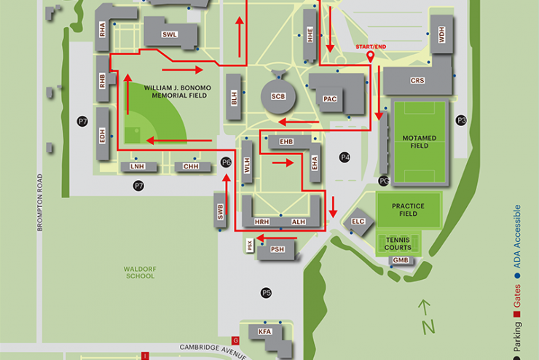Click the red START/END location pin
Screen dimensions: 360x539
(x=369, y=55)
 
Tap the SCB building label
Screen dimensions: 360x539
(x=278, y=96)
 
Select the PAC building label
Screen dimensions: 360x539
(x=330, y=98)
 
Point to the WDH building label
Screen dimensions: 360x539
(x=441, y=35)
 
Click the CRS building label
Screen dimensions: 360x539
(x=417, y=81)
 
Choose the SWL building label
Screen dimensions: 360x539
(x=170, y=35)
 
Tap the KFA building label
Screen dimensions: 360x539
(x=264, y=332)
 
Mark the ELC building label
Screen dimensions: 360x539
(x=358, y=222)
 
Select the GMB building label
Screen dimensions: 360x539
(x=401, y=260)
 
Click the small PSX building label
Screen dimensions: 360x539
(x=250, y=246)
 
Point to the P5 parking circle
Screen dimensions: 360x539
(x=266, y=293)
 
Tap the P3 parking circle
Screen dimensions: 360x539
(x=460, y=120)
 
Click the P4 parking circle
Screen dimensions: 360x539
(x=345, y=157)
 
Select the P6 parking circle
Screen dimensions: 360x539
(x=226, y=162)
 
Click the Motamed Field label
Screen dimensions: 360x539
(x=419, y=141)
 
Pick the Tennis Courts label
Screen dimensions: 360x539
(x=398, y=243)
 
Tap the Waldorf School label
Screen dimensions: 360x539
(x=139, y=272)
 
